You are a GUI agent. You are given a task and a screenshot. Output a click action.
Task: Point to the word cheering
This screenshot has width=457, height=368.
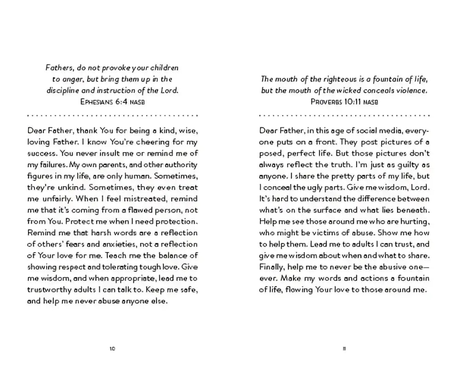click(143, 142)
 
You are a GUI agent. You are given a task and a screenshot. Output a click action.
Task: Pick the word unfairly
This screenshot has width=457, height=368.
click(55, 199)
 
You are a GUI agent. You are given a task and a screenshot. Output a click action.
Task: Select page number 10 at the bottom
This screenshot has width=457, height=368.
click(112, 349)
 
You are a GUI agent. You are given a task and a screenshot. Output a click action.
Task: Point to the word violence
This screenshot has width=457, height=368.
click(412, 91)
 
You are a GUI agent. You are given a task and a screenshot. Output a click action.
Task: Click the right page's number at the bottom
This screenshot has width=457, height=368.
click(344, 349)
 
